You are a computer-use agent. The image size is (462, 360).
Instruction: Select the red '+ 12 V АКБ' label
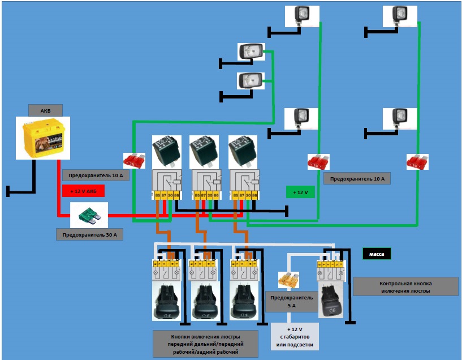click(83, 191)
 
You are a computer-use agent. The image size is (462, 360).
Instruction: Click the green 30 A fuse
click(88, 214)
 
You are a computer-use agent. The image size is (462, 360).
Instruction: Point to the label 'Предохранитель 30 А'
click(89, 234)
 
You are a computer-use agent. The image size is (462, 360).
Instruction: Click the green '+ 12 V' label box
click(300, 192)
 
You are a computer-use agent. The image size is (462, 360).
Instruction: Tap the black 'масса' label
click(377, 254)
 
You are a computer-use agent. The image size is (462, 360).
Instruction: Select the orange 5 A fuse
click(288, 280)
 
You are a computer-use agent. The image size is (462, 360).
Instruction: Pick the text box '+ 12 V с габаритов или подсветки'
click(295, 337)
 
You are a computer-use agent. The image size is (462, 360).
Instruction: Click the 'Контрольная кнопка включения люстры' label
click(405, 286)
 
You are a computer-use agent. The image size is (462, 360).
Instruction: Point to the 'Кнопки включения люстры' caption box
click(206, 344)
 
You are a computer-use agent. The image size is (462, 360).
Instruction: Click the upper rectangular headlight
click(251, 52)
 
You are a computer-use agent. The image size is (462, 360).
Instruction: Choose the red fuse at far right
click(417, 162)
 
